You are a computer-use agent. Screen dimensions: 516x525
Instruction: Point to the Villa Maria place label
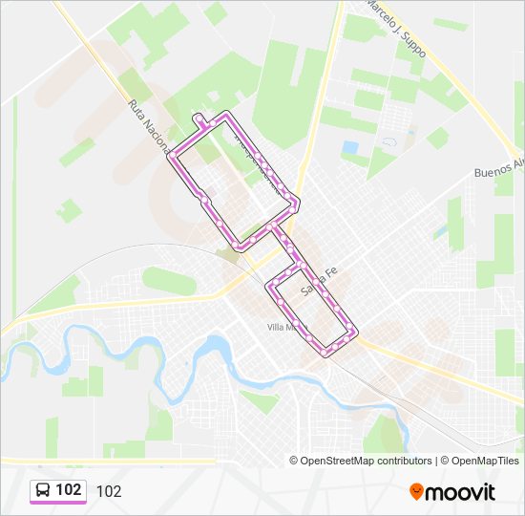tap(283, 327)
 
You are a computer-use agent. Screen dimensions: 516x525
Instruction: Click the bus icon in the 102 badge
tap(44, 490)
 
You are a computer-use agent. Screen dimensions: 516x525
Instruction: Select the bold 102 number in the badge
tap(69, 490)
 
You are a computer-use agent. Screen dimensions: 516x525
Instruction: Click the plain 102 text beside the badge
tap(109, 491)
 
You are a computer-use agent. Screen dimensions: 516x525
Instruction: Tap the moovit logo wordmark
tap(461, 492)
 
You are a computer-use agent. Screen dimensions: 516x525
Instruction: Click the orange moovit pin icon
tap(417, 492)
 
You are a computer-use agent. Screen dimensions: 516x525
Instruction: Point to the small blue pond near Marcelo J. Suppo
tap(350, 148)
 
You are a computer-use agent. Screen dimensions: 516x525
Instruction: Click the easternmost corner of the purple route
tap(356, 333)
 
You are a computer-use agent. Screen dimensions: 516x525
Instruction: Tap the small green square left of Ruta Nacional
tap(69, 210)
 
